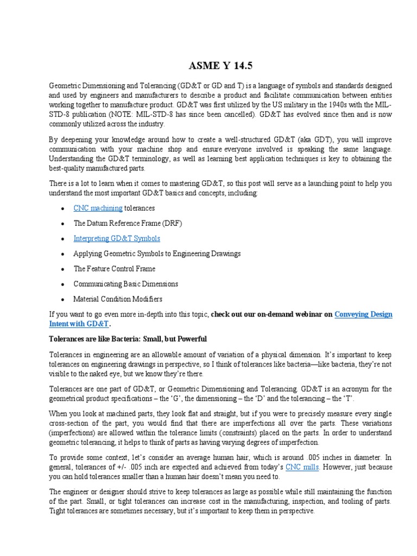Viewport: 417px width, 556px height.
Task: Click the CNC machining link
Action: pos(98,208)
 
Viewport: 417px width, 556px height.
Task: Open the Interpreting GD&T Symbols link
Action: pos(117,238)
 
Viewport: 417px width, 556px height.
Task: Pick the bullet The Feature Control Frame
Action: pos(114,269)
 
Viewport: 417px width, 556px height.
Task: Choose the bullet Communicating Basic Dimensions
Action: pos(125,284)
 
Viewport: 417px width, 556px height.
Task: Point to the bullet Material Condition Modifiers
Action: pos(118,299)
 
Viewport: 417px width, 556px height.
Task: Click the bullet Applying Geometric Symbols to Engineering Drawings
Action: pos(157,254)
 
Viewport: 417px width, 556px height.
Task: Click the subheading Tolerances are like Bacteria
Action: pos(128,339)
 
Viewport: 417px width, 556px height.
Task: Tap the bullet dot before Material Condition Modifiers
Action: pos(64,300)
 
